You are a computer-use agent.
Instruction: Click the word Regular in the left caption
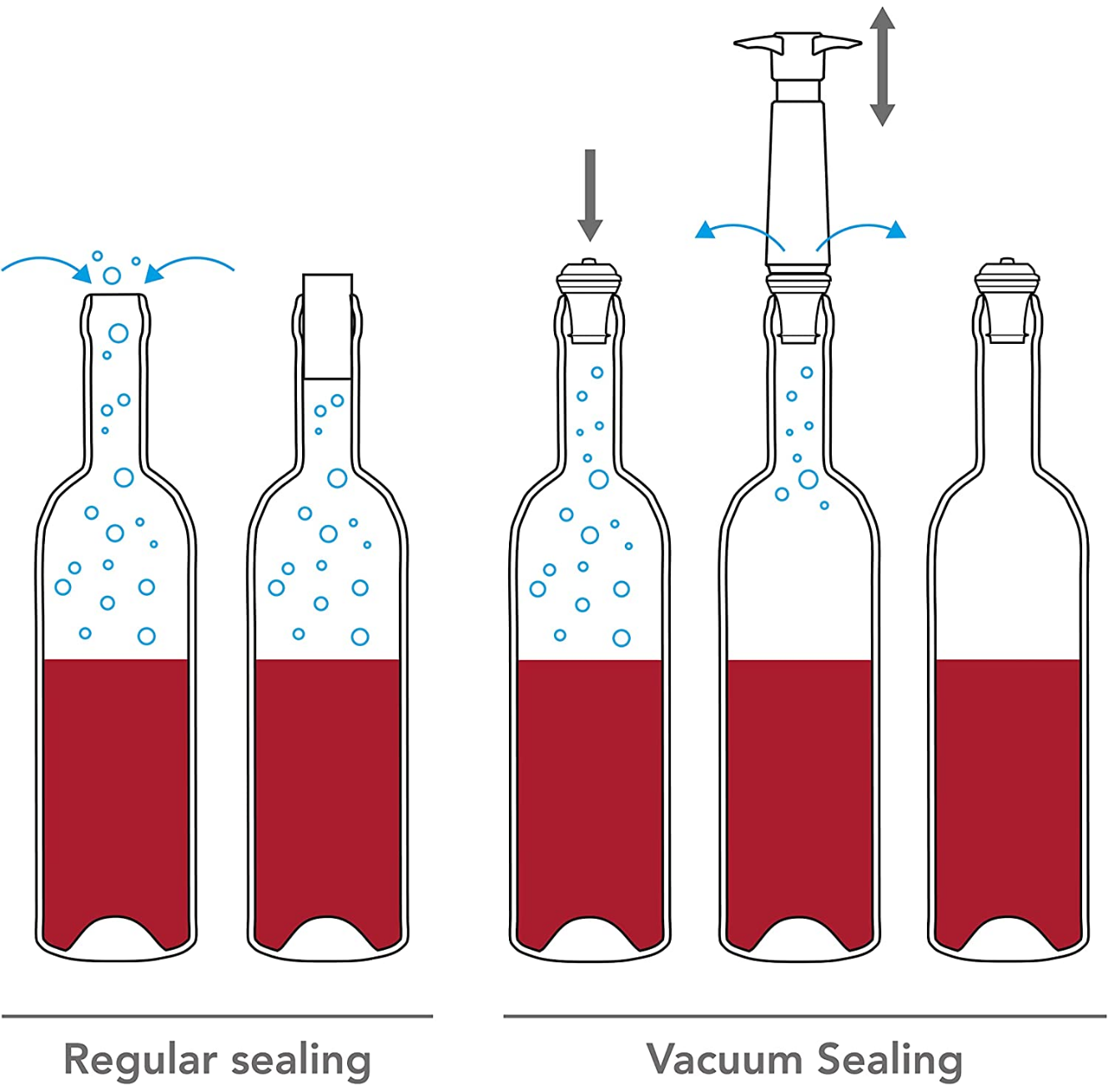(140, 1061)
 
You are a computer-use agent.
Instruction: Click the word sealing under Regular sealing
(300, 1061)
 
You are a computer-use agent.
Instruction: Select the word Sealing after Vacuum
(889, 1059)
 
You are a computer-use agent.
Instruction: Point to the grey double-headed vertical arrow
(882, 67)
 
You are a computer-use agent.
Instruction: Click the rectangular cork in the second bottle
(327, 325)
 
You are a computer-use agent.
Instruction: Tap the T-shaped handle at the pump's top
(798, 46)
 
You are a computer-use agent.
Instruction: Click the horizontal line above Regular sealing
(217, 1016)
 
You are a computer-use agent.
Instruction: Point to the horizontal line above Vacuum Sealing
(804, 1016)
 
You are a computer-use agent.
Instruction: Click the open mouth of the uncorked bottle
(116, 295)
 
